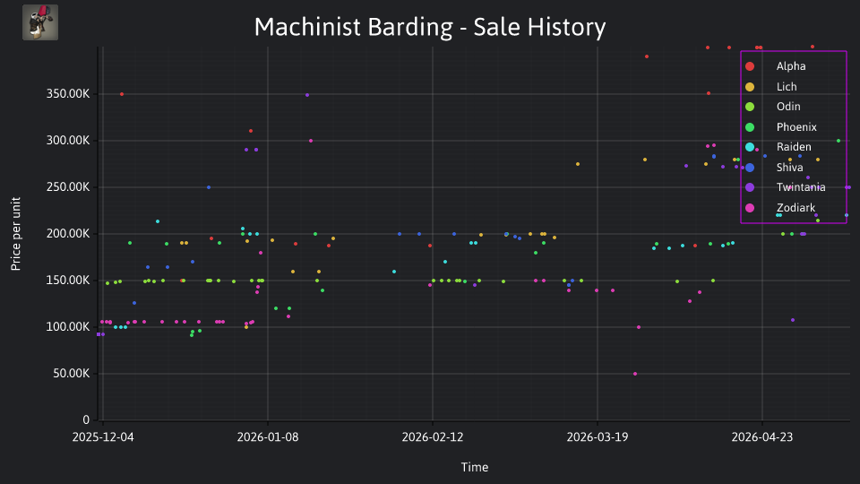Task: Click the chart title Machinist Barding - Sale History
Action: click(x=430, y=27)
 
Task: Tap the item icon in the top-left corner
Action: click(x=40, y=22)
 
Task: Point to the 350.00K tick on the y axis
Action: click(x=68, y=94)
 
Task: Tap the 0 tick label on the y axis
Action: click(x=86, y=420)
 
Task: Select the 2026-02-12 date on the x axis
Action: click(x=432, y=437)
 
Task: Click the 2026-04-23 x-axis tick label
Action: click(x=761, y=437)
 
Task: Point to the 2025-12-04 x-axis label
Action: click(x=103, y=437)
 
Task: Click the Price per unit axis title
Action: click(x=16, y=234)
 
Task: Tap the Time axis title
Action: click(x=475, y=467)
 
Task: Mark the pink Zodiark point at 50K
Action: click(x=635, y=374)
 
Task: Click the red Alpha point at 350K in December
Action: click(x=122, y=94)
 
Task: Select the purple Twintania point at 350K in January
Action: click(x=307, y=95)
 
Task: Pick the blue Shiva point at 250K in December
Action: click(x=209, y=187)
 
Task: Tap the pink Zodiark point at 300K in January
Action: click(x=311, y=141)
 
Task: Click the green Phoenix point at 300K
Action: click(x=838, y=141)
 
